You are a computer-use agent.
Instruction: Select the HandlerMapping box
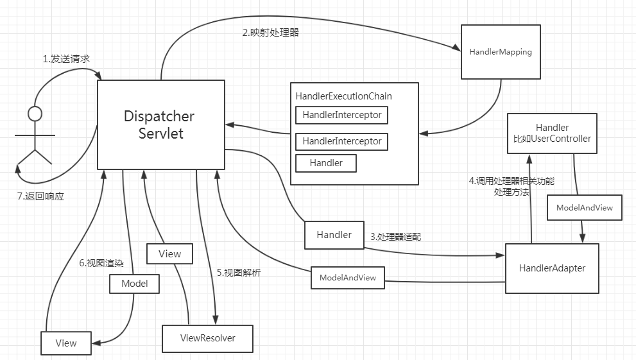(x=501, y=52)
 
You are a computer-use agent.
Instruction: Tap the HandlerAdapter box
(x=552, y=268)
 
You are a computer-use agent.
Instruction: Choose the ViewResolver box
(x=207, y=338)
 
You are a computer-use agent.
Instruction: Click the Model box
(x=134, y=283)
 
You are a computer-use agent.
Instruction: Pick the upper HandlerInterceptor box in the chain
(x=341, y=116)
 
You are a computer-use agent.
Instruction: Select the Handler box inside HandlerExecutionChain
(x=326, y=163)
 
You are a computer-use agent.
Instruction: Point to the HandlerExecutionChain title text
(x=343, y=96)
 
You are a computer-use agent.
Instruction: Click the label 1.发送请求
(x=66, y=59)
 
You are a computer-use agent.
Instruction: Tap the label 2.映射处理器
(x=270, y=33)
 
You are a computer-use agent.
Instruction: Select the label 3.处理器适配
(x=395, y=236)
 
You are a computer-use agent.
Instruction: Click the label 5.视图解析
(x=238, y=273)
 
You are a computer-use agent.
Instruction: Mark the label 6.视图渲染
(x=101, y=263)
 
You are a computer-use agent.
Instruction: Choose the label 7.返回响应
(x=41, y=196)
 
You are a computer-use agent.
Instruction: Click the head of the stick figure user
(x=35, y=114)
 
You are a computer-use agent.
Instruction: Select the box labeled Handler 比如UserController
(x=553, y=133)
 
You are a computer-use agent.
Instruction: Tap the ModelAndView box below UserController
(x=584, y=208)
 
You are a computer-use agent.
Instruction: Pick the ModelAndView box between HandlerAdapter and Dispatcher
(x=347, y=278)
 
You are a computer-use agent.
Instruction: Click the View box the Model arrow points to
(x=65, y=343)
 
